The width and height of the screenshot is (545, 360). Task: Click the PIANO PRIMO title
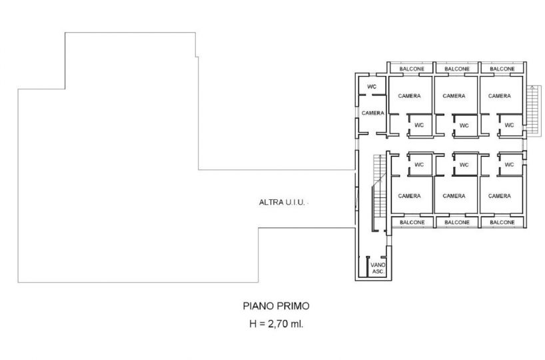coord(276,306)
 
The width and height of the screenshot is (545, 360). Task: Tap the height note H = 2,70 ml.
coord(276,324)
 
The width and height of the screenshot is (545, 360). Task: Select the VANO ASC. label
coord(378,268)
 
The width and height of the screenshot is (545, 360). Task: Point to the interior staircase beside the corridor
coord(379,193)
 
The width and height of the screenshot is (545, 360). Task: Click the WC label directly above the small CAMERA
coord(372,87)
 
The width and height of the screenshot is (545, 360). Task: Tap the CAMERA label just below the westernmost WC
coord(372,113)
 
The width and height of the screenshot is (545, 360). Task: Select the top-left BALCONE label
coord(412,69)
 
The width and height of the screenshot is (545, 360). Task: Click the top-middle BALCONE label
coord(457,69)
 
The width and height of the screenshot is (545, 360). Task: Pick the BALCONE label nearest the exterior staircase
coord(502,69)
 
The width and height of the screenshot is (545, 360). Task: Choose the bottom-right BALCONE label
coord(502,222)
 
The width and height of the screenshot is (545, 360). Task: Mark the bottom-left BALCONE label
coord(412,222)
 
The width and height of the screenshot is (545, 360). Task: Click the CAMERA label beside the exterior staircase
coord(500,95)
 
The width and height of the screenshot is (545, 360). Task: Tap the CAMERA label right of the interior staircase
coord(410,196)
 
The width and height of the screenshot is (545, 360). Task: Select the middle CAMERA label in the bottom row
coord(454,196)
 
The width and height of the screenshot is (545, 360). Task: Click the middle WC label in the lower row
coord(464,165)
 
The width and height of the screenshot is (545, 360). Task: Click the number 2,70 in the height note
coord(278,324)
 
